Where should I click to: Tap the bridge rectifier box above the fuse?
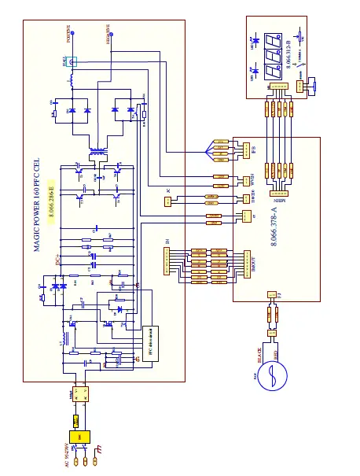pyautogui.click(x=75, y=397)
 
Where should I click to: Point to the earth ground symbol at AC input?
pyautogui.click(x=98, y=451)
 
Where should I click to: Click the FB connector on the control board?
pyautogui.click(x=244, y=149)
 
